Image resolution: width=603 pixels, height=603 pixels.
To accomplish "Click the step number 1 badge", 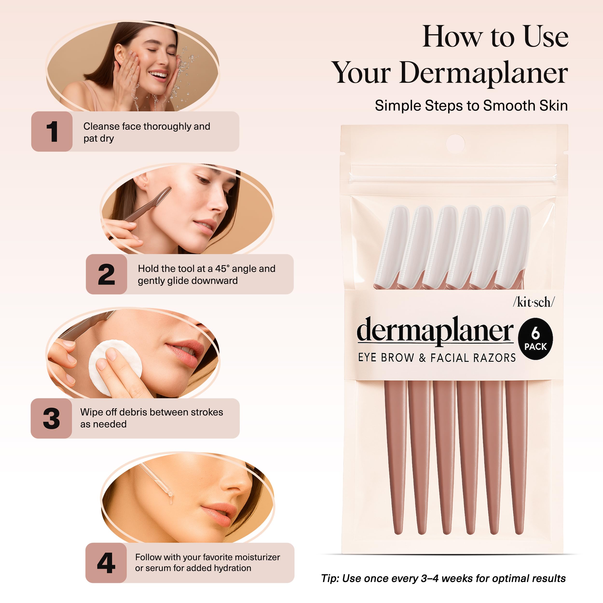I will point(52,131).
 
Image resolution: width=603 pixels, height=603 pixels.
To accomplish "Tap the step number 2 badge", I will point(106,274).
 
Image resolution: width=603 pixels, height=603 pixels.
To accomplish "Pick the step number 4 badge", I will point(106,563).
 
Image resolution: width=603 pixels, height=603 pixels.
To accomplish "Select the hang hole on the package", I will point(455,144).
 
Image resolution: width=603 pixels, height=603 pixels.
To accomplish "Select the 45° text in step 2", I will point(222,269).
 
